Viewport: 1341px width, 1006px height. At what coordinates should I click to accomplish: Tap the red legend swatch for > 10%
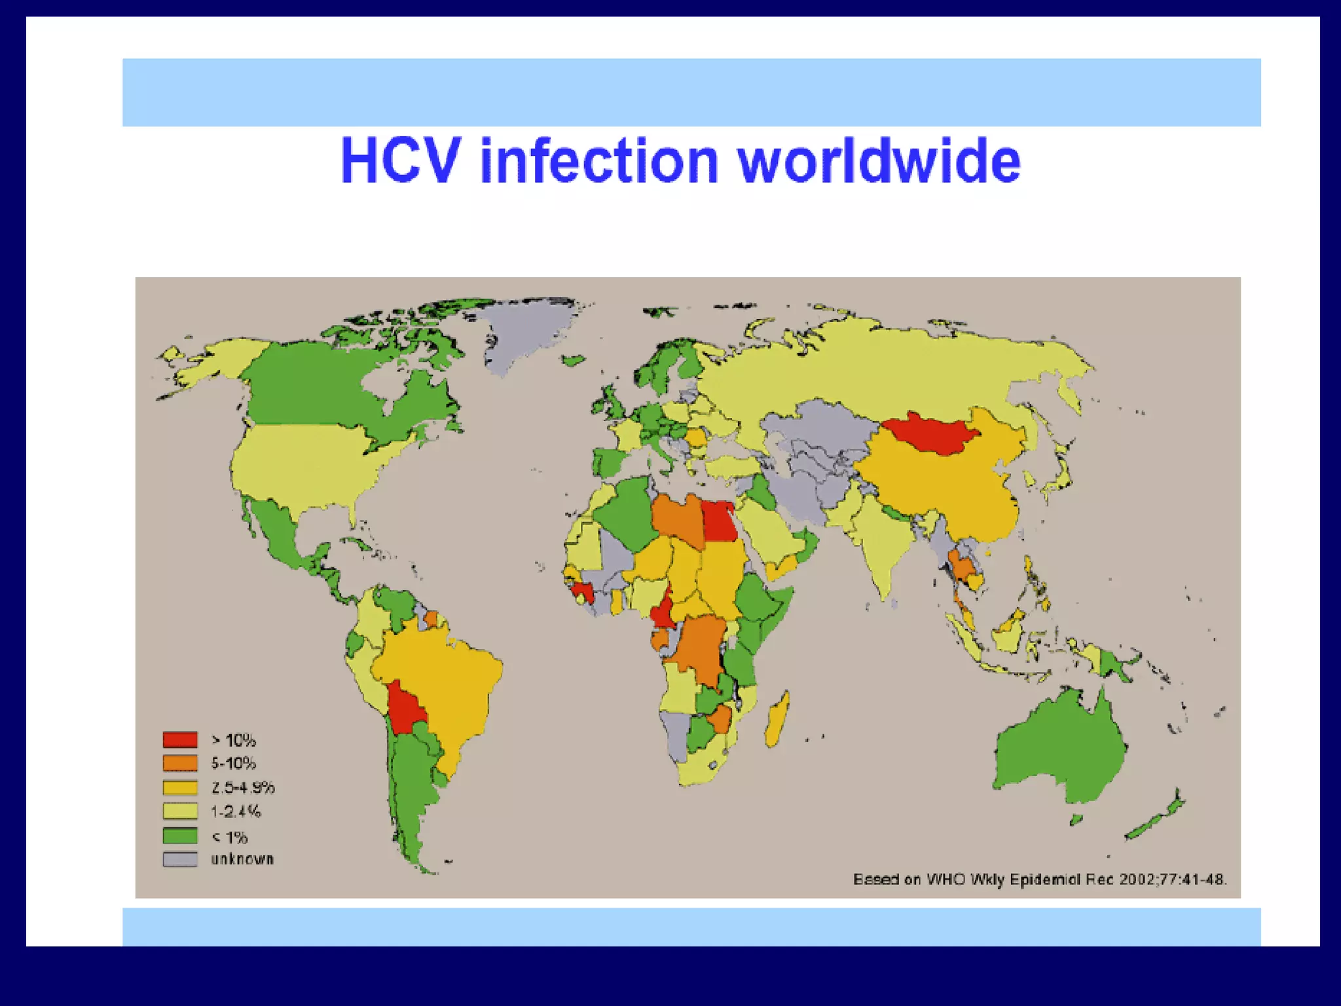pyautogui.click(x=180, y=739)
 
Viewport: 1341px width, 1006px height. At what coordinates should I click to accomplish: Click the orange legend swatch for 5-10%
pyautogui.click(x=180, y=763)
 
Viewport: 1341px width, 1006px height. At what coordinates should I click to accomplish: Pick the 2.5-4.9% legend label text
pyautogui.click(x=242, y=787)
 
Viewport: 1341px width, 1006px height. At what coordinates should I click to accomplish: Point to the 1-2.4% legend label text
pyautogui.click(x=236, y=811)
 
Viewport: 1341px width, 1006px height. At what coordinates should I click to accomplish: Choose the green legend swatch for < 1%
pyautogui.click(x=180, y=836)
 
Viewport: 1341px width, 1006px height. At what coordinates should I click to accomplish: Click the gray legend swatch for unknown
pyautogui.click(x=180, y=859)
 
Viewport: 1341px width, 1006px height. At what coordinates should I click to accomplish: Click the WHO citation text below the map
pyautogui.click(x=1039, y=879)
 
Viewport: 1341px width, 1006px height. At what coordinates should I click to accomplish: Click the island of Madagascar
pyautogui.click(x=777, y=720)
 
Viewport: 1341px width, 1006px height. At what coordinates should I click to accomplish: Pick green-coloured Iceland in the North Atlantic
pyautogui.click(x=574, y=360)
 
